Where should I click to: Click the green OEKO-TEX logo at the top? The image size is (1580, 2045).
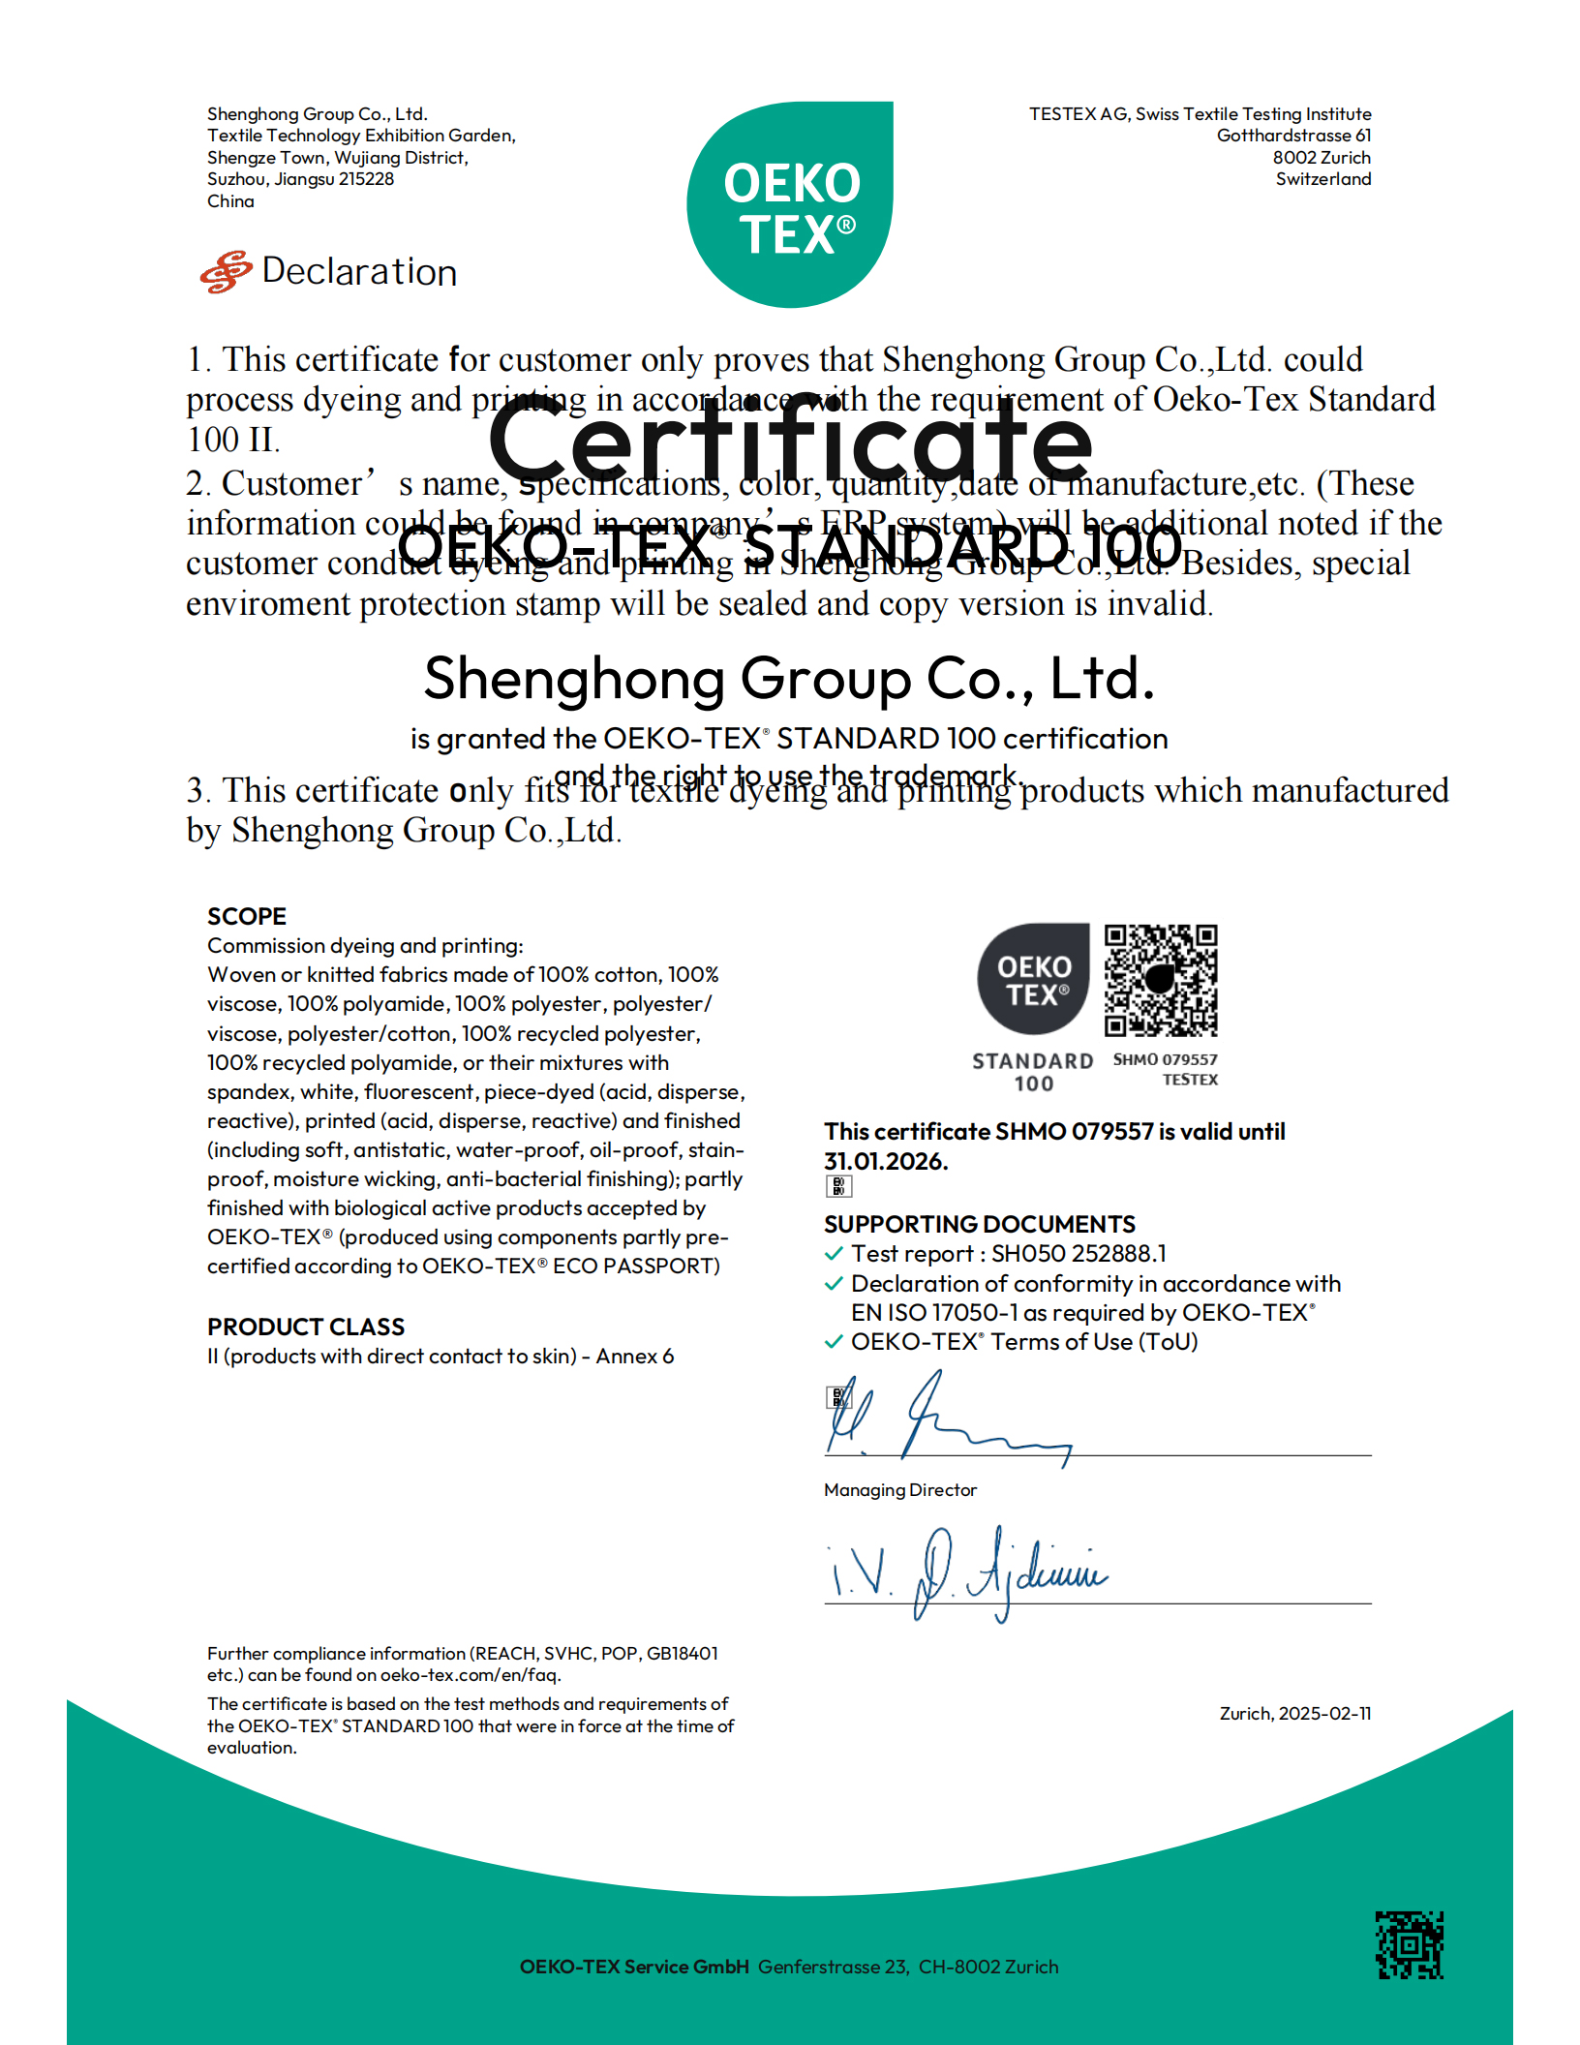pos(790,205)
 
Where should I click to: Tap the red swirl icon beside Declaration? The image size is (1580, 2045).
pos(227,272)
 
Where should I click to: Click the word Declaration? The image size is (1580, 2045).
pos(359,272)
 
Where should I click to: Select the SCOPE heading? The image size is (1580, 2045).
pos(247,916)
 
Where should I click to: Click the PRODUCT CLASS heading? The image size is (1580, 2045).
pos(306,1327)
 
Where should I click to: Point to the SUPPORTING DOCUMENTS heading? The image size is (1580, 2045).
pos(979,1224)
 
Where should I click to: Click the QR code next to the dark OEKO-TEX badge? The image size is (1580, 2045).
pos(1161,980)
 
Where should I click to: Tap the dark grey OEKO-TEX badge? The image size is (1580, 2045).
pos(1033,979)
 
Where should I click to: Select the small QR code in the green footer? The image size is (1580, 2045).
pos(1410,1944)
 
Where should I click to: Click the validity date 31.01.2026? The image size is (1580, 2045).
pos(886,1161)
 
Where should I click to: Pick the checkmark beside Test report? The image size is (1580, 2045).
pos(834,1254)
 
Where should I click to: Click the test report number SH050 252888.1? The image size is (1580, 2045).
pos(1079,1254)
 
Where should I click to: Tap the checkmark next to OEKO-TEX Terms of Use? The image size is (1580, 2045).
pos(834,1342)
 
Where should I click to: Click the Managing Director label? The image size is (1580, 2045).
pos(900,1490)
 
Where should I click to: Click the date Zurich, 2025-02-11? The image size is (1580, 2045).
pos(1294,1713)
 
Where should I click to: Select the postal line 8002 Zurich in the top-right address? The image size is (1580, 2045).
pos(1321,157)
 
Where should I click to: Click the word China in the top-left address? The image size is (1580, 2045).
pos(230,201)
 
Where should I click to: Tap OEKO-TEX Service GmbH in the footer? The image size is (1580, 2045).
pos(634,1967)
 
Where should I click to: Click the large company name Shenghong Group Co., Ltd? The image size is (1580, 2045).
pos(789,679)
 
